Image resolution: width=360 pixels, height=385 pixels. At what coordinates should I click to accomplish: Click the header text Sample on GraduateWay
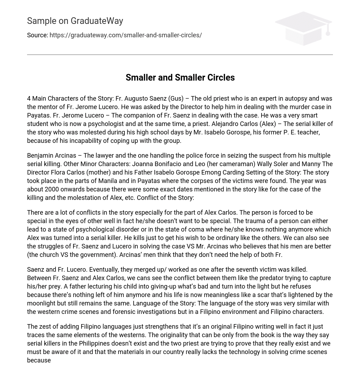(75, 21)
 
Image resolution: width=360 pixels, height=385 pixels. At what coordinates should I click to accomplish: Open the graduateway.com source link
(126, 35)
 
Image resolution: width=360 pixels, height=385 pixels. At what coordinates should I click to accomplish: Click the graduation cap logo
(303, 28)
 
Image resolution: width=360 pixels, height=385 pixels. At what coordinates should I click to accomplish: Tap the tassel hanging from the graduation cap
(328, 32)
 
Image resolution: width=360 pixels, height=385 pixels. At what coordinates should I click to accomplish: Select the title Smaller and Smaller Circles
(180, 77)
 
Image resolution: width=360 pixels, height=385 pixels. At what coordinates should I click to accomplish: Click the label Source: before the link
(38, 35)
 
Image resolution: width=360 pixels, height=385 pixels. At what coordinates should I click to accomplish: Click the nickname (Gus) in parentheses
(176, 99)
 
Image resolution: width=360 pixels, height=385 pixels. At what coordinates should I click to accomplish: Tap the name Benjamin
(40, 156)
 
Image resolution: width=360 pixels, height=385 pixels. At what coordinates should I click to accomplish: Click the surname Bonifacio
(172, 164)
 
